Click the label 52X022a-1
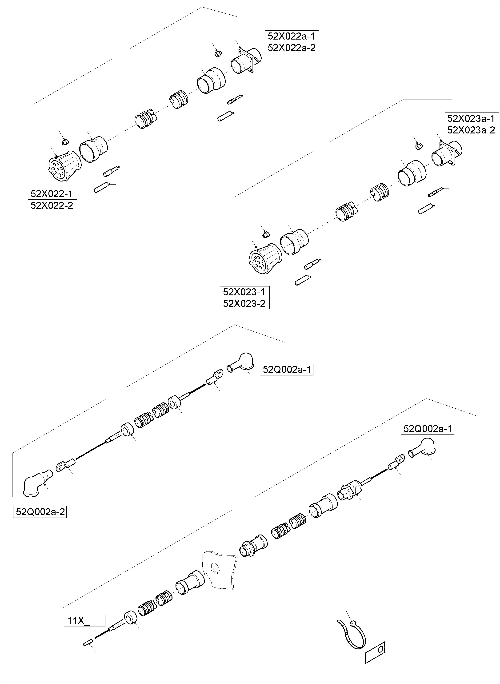[x=292, y=36]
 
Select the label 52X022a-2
[x=292, y=48]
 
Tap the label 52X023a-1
[x=471, y=118]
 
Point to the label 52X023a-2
[x=471, y=130]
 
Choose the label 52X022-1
[x=52, y=194]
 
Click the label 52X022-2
[x=52, y=205]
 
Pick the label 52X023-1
[x=244, y=292]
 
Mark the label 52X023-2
[x=244, y=303]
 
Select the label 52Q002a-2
[x=40, y=512]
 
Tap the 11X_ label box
[x=84, y=621]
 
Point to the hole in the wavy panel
[x=216, y=568]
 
